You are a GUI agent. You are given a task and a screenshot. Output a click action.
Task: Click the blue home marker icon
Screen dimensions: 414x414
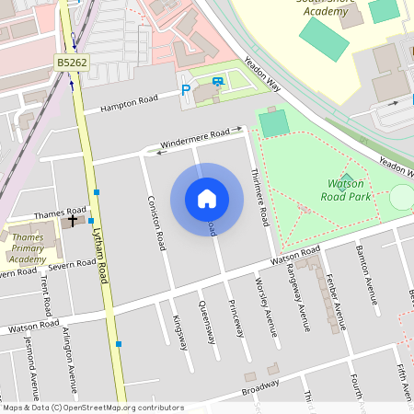point(207,199)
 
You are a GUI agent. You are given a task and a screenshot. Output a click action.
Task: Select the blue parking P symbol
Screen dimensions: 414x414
point(186,90)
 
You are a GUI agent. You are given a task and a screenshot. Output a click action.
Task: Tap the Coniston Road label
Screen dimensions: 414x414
point(155,224)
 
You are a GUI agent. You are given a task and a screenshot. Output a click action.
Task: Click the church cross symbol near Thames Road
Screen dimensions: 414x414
point(73,220)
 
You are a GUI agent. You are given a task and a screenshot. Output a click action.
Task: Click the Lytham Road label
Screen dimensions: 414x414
point(102,258)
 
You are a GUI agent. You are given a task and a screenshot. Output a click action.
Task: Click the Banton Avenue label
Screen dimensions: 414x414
point(367,268)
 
